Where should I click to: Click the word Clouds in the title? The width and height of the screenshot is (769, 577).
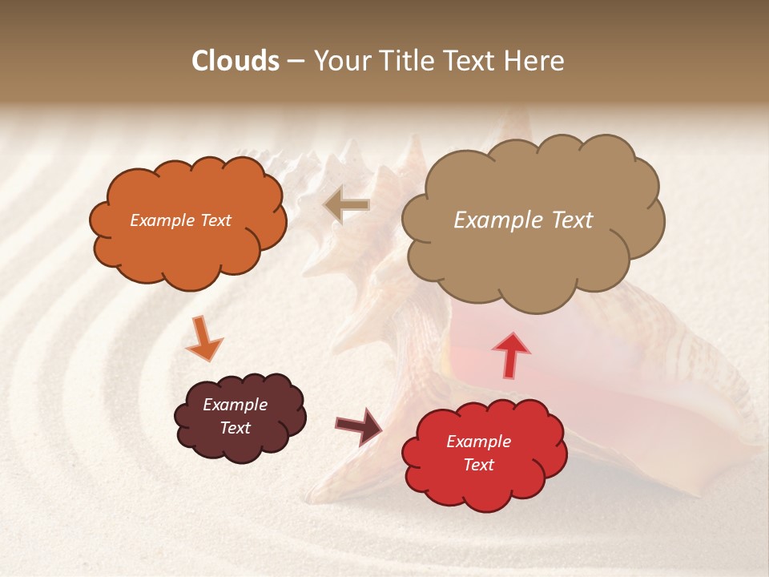[236, 61]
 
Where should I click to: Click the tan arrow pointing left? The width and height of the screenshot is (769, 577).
[346, 205]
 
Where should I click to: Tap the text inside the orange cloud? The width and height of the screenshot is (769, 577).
[180, 220]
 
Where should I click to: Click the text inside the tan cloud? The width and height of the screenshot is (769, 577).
[523, 220]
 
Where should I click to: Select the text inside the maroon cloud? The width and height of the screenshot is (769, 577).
[236, 416]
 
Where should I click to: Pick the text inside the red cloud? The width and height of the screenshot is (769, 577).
[478, 453]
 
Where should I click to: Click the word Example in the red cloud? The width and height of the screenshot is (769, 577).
[478, 442]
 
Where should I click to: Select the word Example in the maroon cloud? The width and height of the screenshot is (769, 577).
[236, 405]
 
